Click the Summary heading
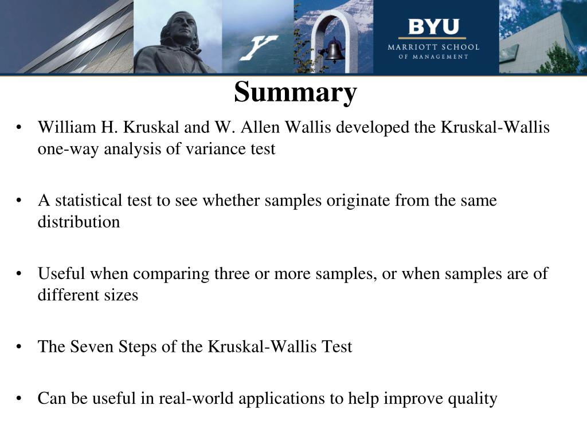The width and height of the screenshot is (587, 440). (295, 92)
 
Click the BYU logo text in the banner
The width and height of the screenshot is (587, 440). (433, 27)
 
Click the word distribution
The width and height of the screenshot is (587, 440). (79, 222)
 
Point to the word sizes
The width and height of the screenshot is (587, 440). (120, 295)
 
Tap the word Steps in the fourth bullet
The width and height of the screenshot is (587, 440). (137, 347)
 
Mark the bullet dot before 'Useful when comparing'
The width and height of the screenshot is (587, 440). (19, 274)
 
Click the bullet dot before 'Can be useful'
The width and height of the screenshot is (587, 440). (19, 398)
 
